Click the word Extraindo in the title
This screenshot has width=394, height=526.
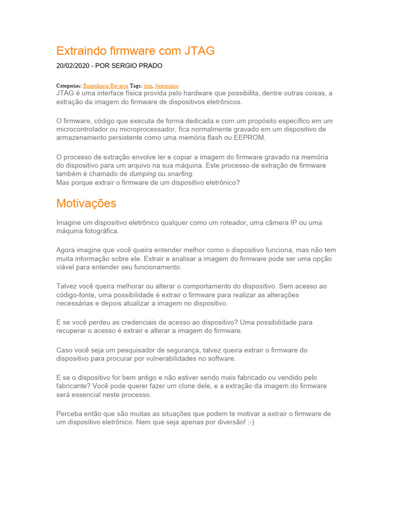(80, 50)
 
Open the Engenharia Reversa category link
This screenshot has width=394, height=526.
(106, 85)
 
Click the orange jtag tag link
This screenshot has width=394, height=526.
(148, 85)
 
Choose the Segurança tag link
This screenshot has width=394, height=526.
(167, 85)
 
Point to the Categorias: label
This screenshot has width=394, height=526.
(69, 85)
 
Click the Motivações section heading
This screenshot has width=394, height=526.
(86, 203)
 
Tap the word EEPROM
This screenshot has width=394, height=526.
(250, 138)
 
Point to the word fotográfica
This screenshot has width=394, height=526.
(101, 231)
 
